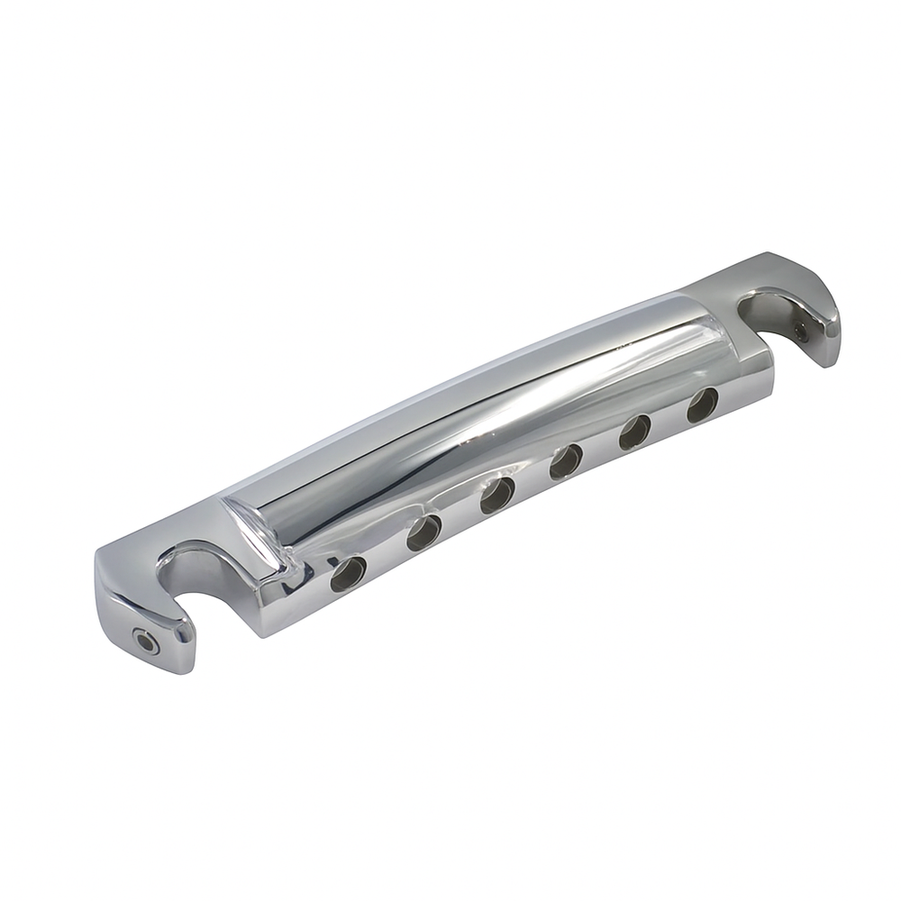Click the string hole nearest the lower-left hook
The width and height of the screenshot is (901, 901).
(349, 571)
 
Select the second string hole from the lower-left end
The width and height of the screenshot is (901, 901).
(423, 534)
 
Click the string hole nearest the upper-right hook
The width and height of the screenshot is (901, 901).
(703, 405)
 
